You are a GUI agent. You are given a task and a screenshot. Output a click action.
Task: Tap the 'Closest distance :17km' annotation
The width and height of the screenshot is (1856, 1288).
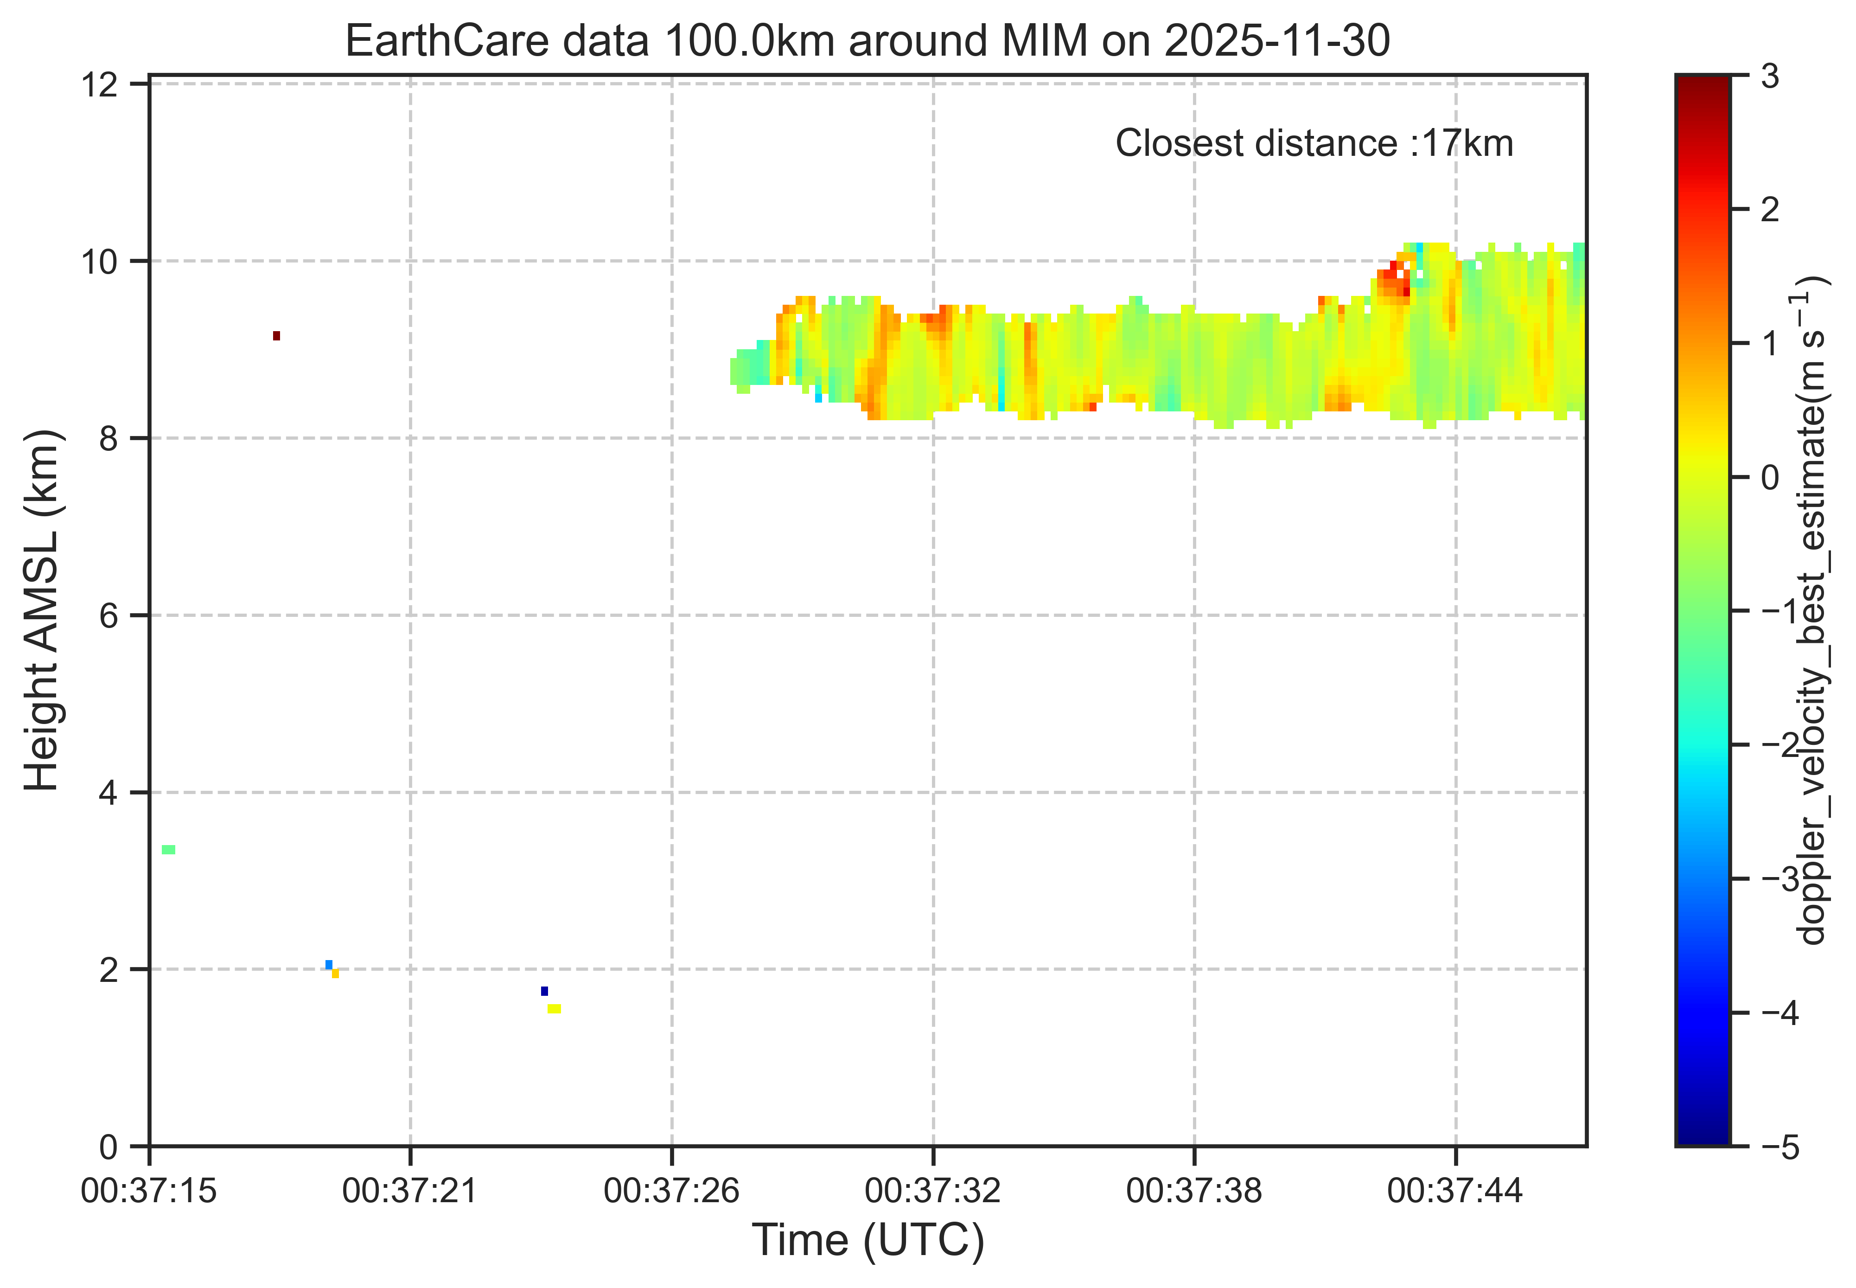tap(1314, 144)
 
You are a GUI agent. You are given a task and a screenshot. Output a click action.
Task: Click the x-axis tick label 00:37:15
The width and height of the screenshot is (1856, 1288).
tap(149, 1190)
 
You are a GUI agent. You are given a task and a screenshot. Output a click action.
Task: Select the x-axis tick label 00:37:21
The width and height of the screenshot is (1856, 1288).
tap(410, 1190)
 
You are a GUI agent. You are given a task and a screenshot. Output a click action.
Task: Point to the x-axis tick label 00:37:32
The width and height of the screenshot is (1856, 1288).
tap(933, 1190)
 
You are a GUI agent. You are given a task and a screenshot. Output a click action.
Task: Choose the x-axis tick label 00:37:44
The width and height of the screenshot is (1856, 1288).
tap(1455, 1190)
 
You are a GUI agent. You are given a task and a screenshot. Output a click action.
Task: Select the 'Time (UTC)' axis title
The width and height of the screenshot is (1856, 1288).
tap(868, 1240)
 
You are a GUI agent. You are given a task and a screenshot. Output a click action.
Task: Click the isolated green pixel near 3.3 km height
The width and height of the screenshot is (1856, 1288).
tap(169, 850)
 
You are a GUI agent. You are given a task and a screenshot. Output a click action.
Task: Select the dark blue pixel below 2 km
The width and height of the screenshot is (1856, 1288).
tap(544, 991)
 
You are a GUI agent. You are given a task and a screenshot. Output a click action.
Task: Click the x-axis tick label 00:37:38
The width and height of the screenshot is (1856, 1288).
tap(1194, 1190)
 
